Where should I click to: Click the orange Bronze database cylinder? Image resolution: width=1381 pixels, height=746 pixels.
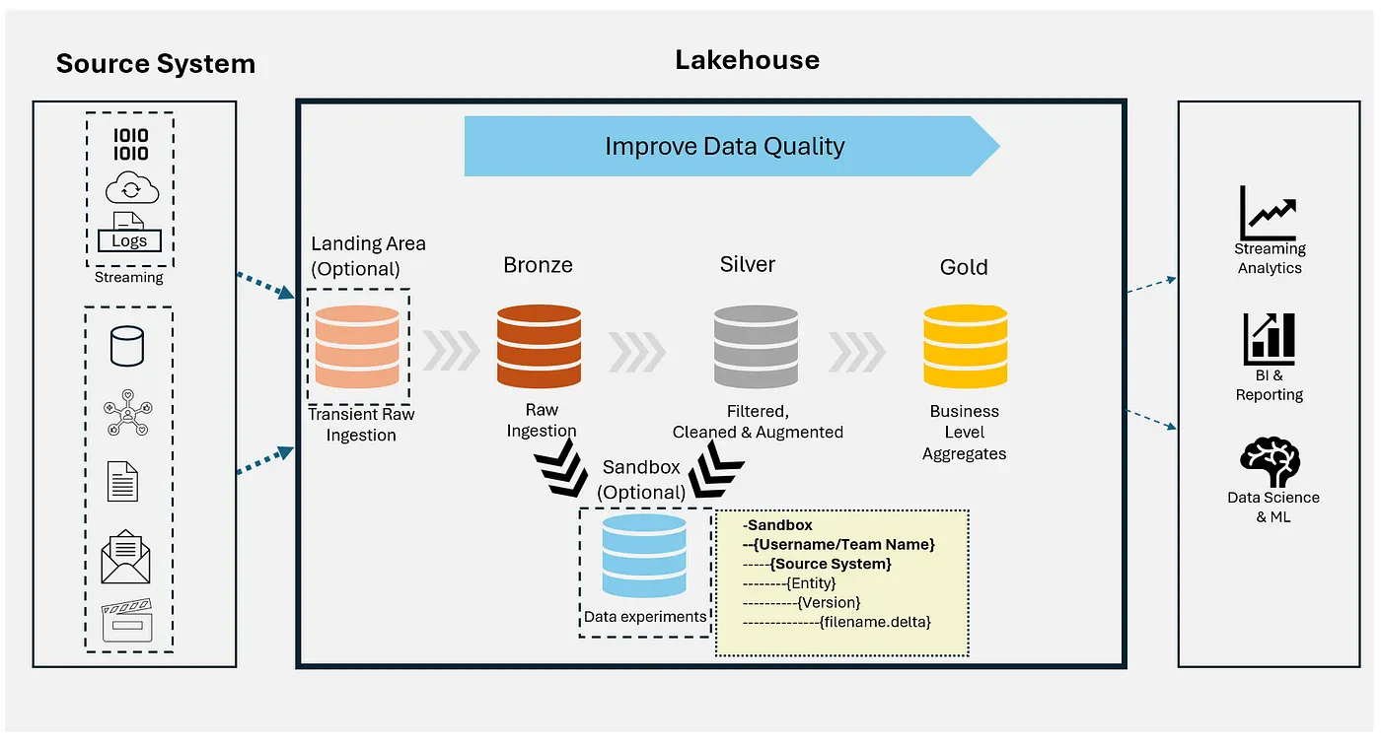pos(539,346)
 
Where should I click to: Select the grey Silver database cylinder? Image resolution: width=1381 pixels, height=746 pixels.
pos(756,346)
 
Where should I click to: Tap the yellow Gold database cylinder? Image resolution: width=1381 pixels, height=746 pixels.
pos(965,346)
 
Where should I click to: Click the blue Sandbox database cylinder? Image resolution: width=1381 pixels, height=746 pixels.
pos(643,556)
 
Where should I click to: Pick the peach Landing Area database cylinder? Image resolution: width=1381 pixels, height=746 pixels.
pos(357,346)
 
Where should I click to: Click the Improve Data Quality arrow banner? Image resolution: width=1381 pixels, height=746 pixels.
pos(732,146)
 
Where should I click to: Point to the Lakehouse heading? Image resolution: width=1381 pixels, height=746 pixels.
pos(748,60)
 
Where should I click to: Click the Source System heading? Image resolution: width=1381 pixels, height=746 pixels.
pos(156,63)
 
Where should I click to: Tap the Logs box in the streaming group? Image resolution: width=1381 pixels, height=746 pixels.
pos(129,240)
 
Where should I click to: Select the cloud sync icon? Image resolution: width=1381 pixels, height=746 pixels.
pos(132,187)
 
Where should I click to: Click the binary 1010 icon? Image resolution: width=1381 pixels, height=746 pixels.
pos(130,144)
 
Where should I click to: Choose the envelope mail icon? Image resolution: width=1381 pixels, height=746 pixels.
pos(126,557)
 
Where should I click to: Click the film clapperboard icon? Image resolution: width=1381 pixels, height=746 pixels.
pos(127,620)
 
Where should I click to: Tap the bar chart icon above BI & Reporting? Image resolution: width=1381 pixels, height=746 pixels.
pos(1269,339)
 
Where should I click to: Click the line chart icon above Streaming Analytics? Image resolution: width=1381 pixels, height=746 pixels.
pos(1269,213)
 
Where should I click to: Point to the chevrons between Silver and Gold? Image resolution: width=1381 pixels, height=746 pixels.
pos(857,352)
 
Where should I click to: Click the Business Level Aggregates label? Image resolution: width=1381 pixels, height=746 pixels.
pos(965,433)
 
